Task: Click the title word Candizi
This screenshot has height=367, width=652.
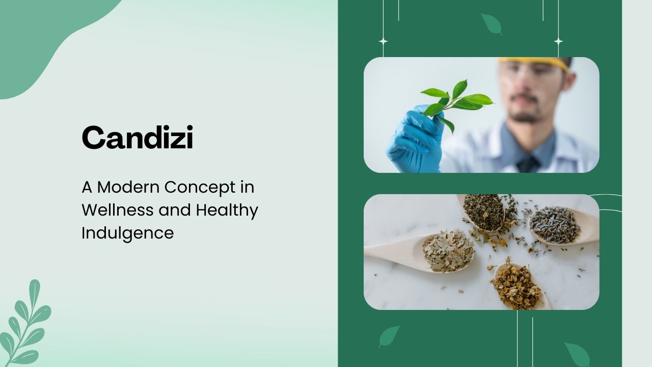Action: (x=138, y=137)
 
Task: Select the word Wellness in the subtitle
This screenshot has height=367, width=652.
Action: (x=118, y=210)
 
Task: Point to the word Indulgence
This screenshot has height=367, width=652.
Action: (x=128, y=233)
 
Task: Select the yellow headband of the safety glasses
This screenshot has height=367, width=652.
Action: (x=533, y=63)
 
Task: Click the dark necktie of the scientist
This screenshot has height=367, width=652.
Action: (x=528, y=165)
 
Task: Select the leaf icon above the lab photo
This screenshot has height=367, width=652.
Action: (x=492, y=24)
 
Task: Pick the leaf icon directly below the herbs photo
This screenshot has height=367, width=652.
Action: (x=389, y=336)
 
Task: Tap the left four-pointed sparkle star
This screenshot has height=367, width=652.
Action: (x=384, y=41)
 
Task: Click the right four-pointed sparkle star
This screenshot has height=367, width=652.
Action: (x=558, y=41)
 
